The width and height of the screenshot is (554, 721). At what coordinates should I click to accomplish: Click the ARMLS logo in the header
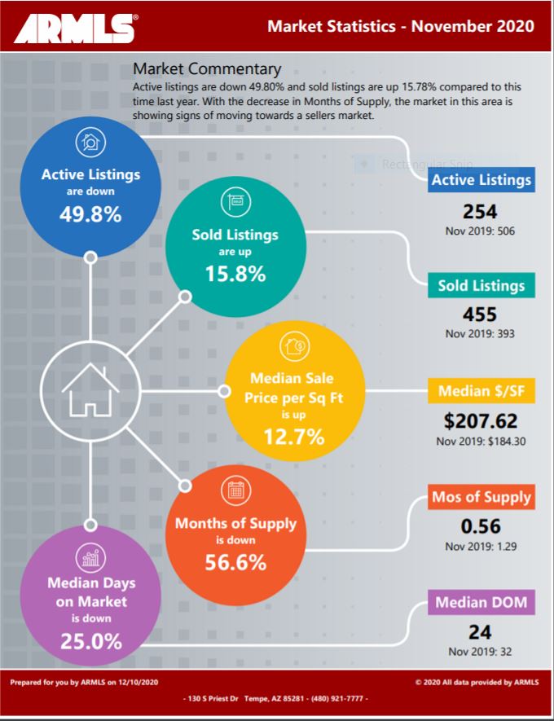pyautogui.click(x=74, y=29)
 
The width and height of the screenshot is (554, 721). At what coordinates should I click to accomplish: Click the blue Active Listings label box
pyautogui.click(x=481, y=180)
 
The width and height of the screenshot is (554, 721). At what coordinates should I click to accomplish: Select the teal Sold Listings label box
pyautogui.click(x=481, y=286)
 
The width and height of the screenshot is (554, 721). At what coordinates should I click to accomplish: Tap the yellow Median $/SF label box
pyautogui.click(x=481, y=391)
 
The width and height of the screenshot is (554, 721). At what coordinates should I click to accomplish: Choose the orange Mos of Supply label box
pyautogui.click(x=481, y=497)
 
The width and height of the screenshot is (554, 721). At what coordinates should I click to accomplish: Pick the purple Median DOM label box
pyautogui.click(x=481, y=603)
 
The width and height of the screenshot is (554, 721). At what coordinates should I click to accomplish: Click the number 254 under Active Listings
pyautogui.click(x=480, y=211)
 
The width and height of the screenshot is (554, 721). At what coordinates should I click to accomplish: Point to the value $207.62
pyautogui.click(x=481, y=422)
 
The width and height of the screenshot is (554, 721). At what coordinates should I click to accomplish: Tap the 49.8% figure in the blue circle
pyautogui.click(x=90, y=214)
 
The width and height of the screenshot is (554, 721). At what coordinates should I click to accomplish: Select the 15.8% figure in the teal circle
pyautogui.click(x=235, y=275)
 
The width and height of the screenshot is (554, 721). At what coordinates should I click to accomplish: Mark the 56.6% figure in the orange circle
pyautogui.click(x=235, y=561)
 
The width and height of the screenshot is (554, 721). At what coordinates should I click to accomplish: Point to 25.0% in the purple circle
pyautogui.click(x=90, y=641)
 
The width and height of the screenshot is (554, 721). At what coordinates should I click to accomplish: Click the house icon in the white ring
pyautogui.click(x=90, y=389)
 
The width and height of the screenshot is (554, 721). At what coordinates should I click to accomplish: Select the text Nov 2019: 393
pyautogui.click(x=480, y=333)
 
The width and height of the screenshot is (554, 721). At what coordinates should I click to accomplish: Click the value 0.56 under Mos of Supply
pyautogui.click(x=481, y=526)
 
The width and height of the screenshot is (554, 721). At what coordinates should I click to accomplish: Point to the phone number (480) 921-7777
pyautogui.click(x=342, y=699)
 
